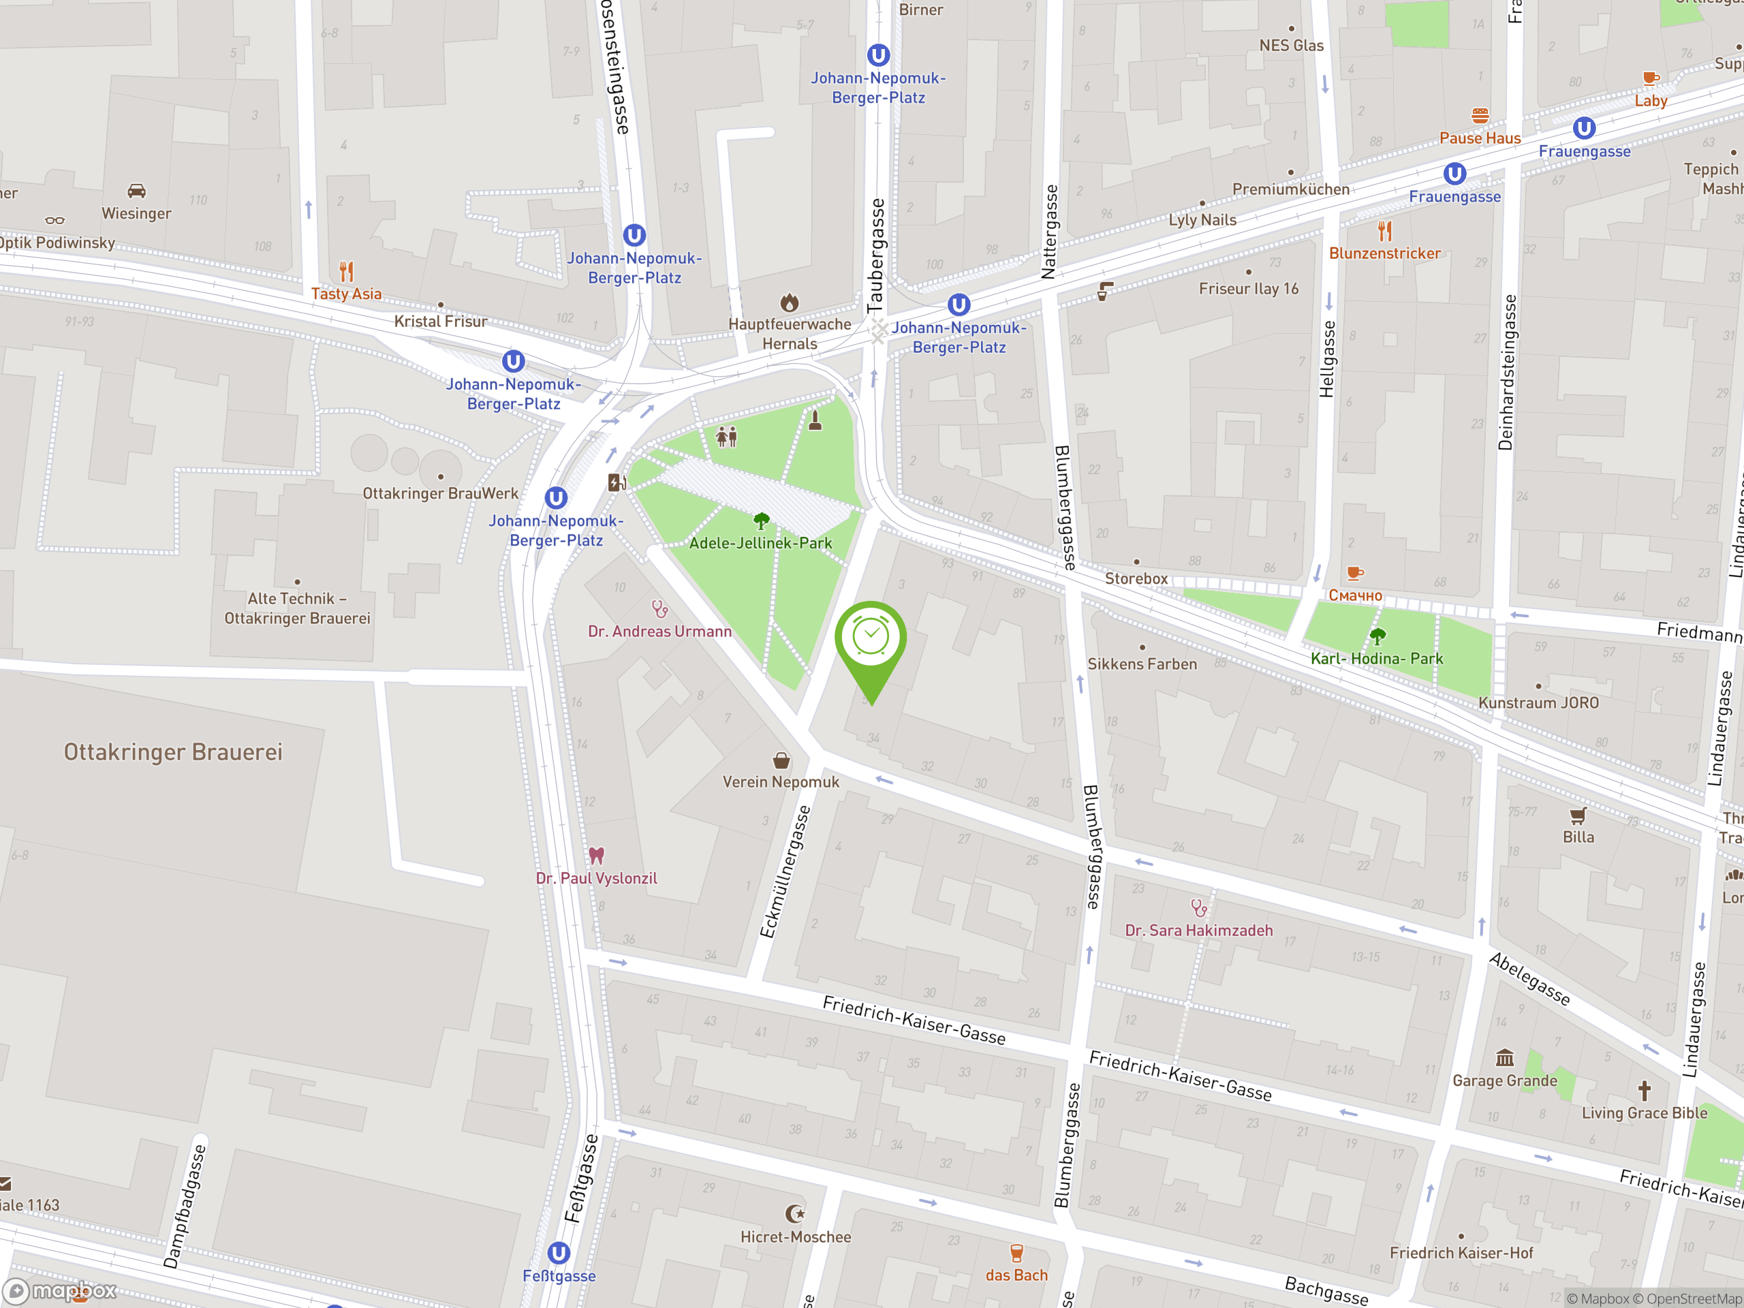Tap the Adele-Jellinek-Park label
coord(760,543)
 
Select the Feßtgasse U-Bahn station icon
coord(558,1253)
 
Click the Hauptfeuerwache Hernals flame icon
coord(789,302)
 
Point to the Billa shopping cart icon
coord(1578,815)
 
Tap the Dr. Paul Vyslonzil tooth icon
coord(596,856)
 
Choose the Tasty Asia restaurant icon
coord(346,271)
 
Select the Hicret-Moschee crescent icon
coord(795,1213)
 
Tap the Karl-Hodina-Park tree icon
coord(1377,636)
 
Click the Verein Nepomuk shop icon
coord(781,760)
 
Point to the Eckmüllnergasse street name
coord(785,871)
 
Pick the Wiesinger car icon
coord(136,191)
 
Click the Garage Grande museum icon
coord(1504,1057)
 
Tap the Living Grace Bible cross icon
coord(1644,1091)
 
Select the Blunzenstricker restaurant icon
coord(1384,231)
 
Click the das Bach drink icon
coord(1016,1253)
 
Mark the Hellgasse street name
coord(1328,359)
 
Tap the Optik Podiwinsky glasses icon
coord(54,221)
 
